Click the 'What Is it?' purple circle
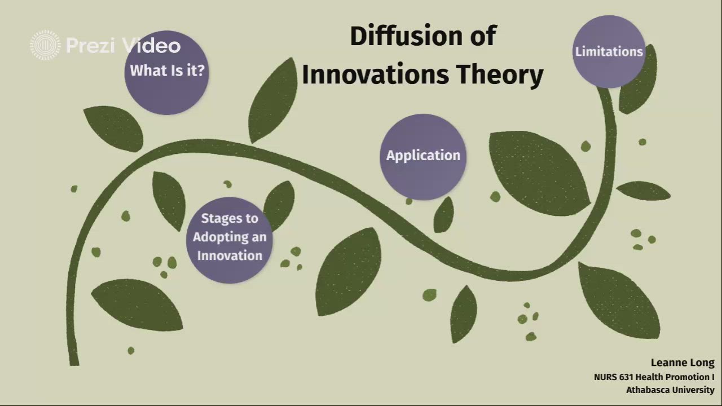pyautogui.click(x=166, y=73)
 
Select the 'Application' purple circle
pyautogui.click(x=423, y=157)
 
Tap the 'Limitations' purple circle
pyautogui.click(x=609, y=51)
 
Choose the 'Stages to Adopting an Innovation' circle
pyautogui.click(x=230, y=240)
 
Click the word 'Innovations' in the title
pyautogui.click(x=375, y=74)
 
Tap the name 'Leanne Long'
pyautogui.click(x=683, y=363)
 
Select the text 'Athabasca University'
pyautogui.click(x=671, y=390)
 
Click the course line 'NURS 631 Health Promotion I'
pyautogui.click(x=654, y=377)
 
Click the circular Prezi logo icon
pyautogui.click(x=45, y=45)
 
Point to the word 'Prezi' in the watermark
pyautogui.click(x=90, y=46)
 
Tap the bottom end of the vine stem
pyautogui.click(x=74, y=364)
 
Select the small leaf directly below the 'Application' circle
pyautogui.click(x=443, y=215)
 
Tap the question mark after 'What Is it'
pyautogui.click(x=200, y=70)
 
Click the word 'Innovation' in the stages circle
pyautogui.click(x=230, y=256)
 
